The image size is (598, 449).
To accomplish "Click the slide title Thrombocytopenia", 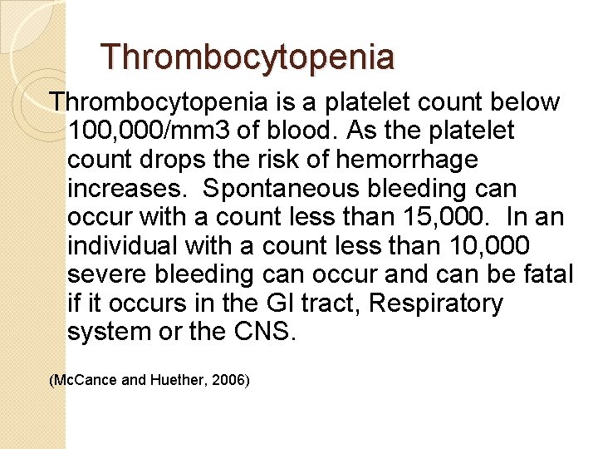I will (248, 57).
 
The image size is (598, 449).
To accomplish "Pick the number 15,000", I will (444, 218).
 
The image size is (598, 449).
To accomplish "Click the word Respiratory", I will (435, 303).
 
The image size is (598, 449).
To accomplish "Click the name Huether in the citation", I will (175, 380).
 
